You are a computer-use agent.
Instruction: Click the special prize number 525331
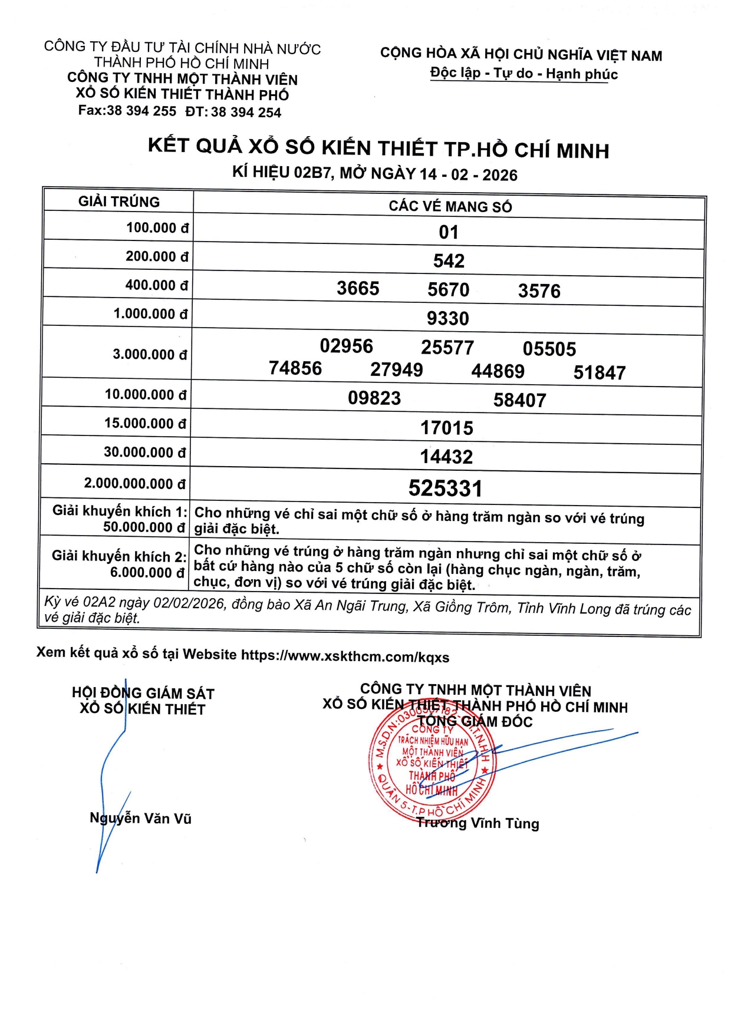click(446, 489)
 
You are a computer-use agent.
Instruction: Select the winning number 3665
click(358, 289)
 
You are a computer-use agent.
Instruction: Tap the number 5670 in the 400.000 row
click(448, 290)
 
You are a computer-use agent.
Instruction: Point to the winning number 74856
click(295, 368)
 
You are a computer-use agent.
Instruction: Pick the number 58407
click(519, 401)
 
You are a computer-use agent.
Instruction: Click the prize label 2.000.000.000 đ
click(135, 484)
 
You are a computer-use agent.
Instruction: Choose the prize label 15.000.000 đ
click(145, 424)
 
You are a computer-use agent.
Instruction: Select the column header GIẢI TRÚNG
click(119, 202)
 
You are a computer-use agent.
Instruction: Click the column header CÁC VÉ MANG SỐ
click(450, 206)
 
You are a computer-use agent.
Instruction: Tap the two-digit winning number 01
click(449, 232)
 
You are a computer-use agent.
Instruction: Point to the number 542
click(449, 261)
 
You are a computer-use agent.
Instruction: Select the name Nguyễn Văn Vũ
click(140, 818)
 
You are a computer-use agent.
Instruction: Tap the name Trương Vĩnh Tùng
click(478, 823)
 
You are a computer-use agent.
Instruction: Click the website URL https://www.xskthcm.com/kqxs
click(345, 656)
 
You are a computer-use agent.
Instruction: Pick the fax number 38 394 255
click(141, 111)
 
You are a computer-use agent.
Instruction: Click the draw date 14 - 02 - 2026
click(469, 175)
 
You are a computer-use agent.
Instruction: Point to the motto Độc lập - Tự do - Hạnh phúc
click(524, 74)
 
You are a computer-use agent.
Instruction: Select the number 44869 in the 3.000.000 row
click(498, 371)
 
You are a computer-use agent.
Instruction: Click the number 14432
click(446, 457)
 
